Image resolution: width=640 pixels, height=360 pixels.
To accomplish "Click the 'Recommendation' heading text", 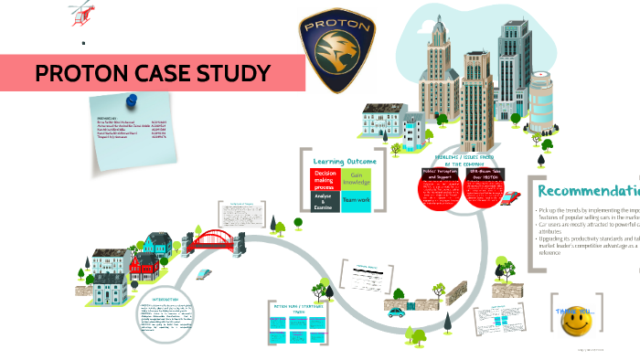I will coord(588,192).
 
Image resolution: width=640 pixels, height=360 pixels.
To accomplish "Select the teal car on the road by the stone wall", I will coord(396,312).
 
